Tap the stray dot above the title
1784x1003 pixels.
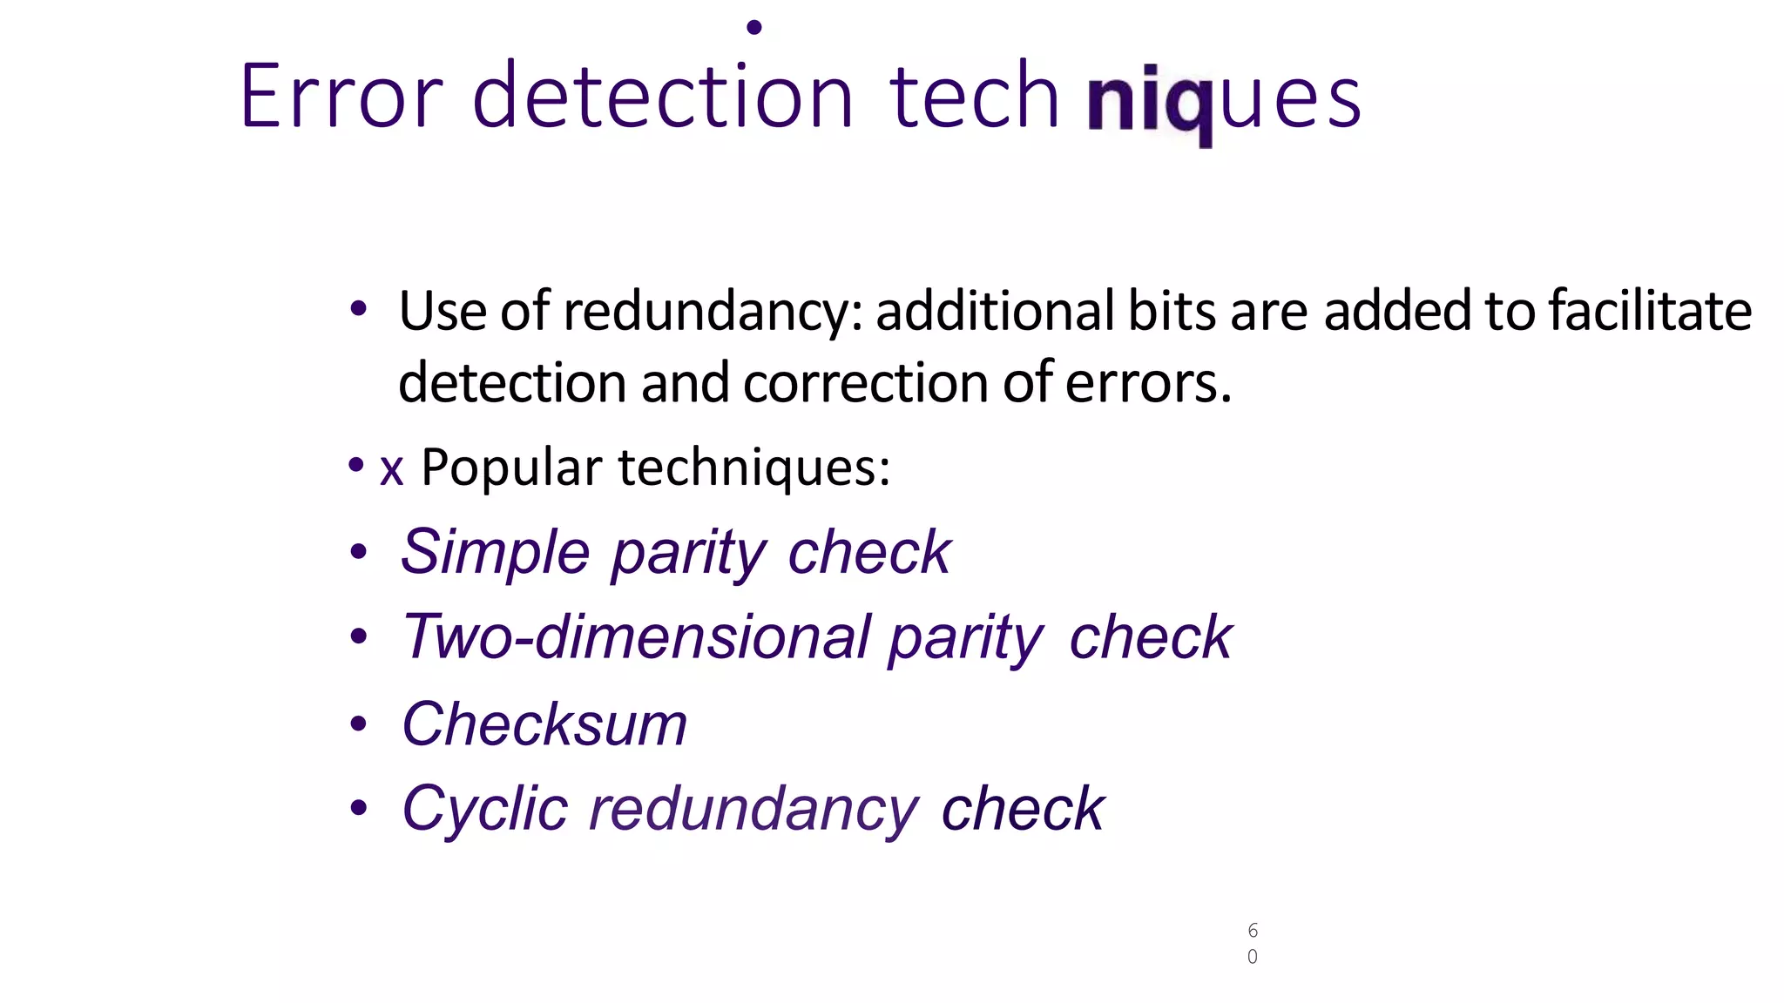pos(754,28)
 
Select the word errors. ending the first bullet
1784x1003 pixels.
pos(1148,383)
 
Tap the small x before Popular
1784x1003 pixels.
pos(391,468)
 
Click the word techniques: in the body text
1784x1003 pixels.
pos(754,468)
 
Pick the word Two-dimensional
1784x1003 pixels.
pos(636,636)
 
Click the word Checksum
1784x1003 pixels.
pos(544,724)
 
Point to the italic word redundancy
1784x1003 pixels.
pos(753,809)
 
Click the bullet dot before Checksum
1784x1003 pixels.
pos(358,724)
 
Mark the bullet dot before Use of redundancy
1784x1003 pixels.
pos(358,308)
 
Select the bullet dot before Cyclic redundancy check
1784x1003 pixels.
pos(358,809)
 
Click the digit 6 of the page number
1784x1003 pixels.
pos(1253,931)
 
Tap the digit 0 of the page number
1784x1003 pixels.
pos(1253,957)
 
